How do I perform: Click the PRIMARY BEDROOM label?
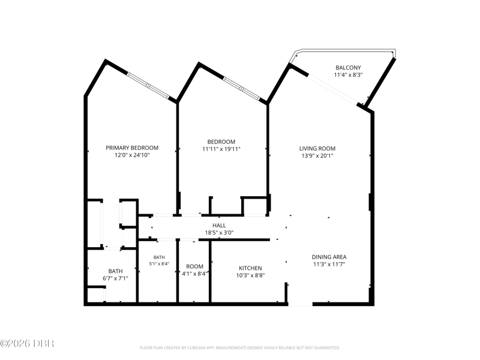132,148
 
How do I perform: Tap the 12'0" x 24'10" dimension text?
132,155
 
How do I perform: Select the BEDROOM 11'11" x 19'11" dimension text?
221,149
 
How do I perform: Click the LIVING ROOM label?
317,148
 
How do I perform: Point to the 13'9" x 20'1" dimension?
317,156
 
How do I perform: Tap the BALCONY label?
348,68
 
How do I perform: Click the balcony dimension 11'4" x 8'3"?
348,74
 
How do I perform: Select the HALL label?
219,226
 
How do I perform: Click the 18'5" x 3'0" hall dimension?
219,233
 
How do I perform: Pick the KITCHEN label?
250,268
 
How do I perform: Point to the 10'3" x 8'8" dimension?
250,275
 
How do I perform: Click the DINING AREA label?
329,257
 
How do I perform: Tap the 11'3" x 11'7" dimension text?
329,264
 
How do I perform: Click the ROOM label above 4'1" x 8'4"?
194,266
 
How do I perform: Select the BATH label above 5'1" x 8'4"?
159,257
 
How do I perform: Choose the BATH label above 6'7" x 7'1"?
115,271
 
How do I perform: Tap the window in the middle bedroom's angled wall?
242,88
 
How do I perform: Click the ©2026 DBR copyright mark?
27,343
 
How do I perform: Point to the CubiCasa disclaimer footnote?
239,348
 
